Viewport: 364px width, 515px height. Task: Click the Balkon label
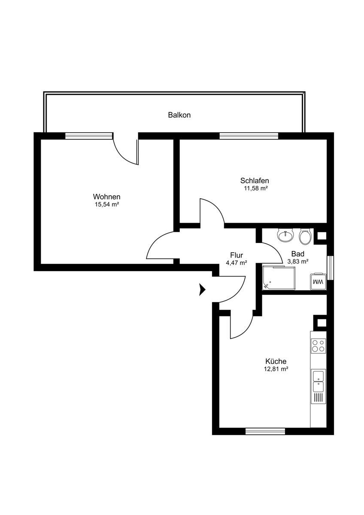pyautogui.click(x=179, y=115)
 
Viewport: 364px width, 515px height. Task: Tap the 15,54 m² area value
pyautogui.click(x=106, y=205)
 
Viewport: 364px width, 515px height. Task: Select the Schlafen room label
pyautogui.click(x=255, y=181)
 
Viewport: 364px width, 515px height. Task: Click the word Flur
pyautogui.click(x=236, y=255)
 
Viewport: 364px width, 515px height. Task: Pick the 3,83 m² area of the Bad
pyautogui.click(x=297, y=261)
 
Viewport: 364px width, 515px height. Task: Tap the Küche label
pyautogui.click(x=276, y=361)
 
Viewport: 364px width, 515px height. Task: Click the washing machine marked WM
pyautogui.click(x=318, y=282)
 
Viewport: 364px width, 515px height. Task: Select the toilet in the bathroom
pyautogui.click(x=305, y=236)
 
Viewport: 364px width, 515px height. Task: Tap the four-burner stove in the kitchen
pyautogui.click(x=318, y=345)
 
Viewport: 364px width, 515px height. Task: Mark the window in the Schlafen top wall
pyautogui.click(x=249, y=136)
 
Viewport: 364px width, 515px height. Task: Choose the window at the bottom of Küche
pyautogui.click(x=265, y=431)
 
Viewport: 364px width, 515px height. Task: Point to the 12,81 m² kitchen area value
pyautogui.click(x=276, y=369)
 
